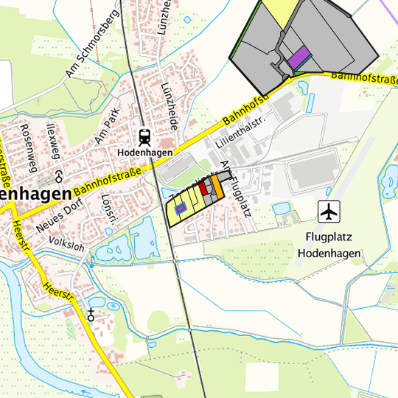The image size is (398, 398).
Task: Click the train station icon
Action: [x=144, y=136]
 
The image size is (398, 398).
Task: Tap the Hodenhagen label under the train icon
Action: [x=145, y=153]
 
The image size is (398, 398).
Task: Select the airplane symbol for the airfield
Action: [x=329, y=212]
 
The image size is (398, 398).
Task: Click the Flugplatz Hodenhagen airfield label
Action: [x=329, y=245]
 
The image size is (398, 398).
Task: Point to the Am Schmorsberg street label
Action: [x=92, y=44]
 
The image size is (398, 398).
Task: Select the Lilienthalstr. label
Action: [x=239, y=129]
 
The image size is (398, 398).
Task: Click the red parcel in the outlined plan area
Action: [x=203, y=187]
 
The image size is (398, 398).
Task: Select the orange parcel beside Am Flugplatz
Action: [x=217, y=187]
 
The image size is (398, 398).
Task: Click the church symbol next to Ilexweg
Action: [x=59, y=176]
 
